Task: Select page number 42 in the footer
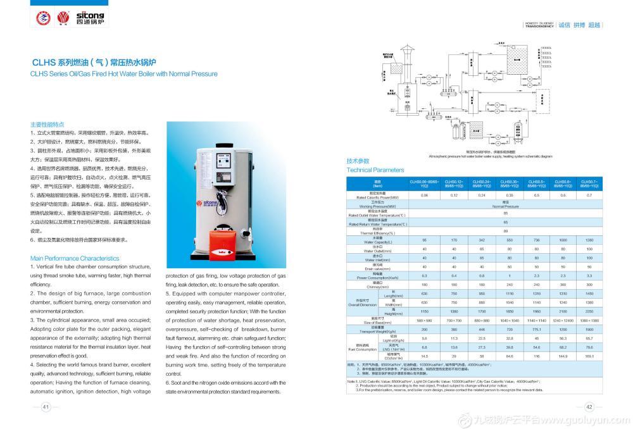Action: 588,407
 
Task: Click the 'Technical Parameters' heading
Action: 375,170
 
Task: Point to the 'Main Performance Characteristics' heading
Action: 75,258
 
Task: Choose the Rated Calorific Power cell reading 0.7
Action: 589,196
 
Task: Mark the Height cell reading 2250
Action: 589,312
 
